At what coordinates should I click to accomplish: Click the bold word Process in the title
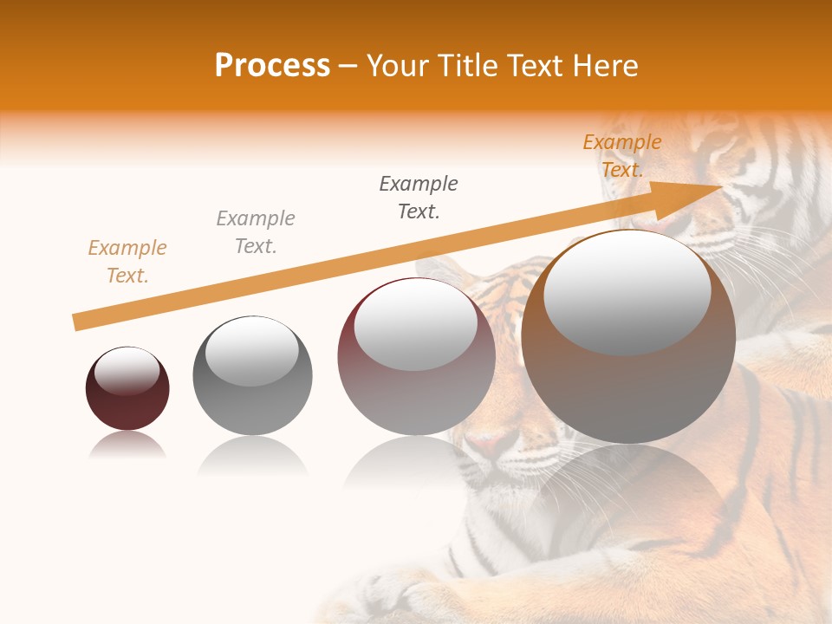(272, 66)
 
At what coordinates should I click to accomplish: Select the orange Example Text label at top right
(621, 156)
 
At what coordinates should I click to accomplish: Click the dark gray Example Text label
(419, 198)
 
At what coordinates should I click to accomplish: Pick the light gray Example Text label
(256, 232)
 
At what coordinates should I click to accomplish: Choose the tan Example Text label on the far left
(127, 262)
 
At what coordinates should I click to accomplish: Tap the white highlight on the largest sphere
(627, 290)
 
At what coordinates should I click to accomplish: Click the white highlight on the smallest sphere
(127, 371)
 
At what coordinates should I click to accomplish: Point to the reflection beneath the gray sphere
(252, 455)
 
